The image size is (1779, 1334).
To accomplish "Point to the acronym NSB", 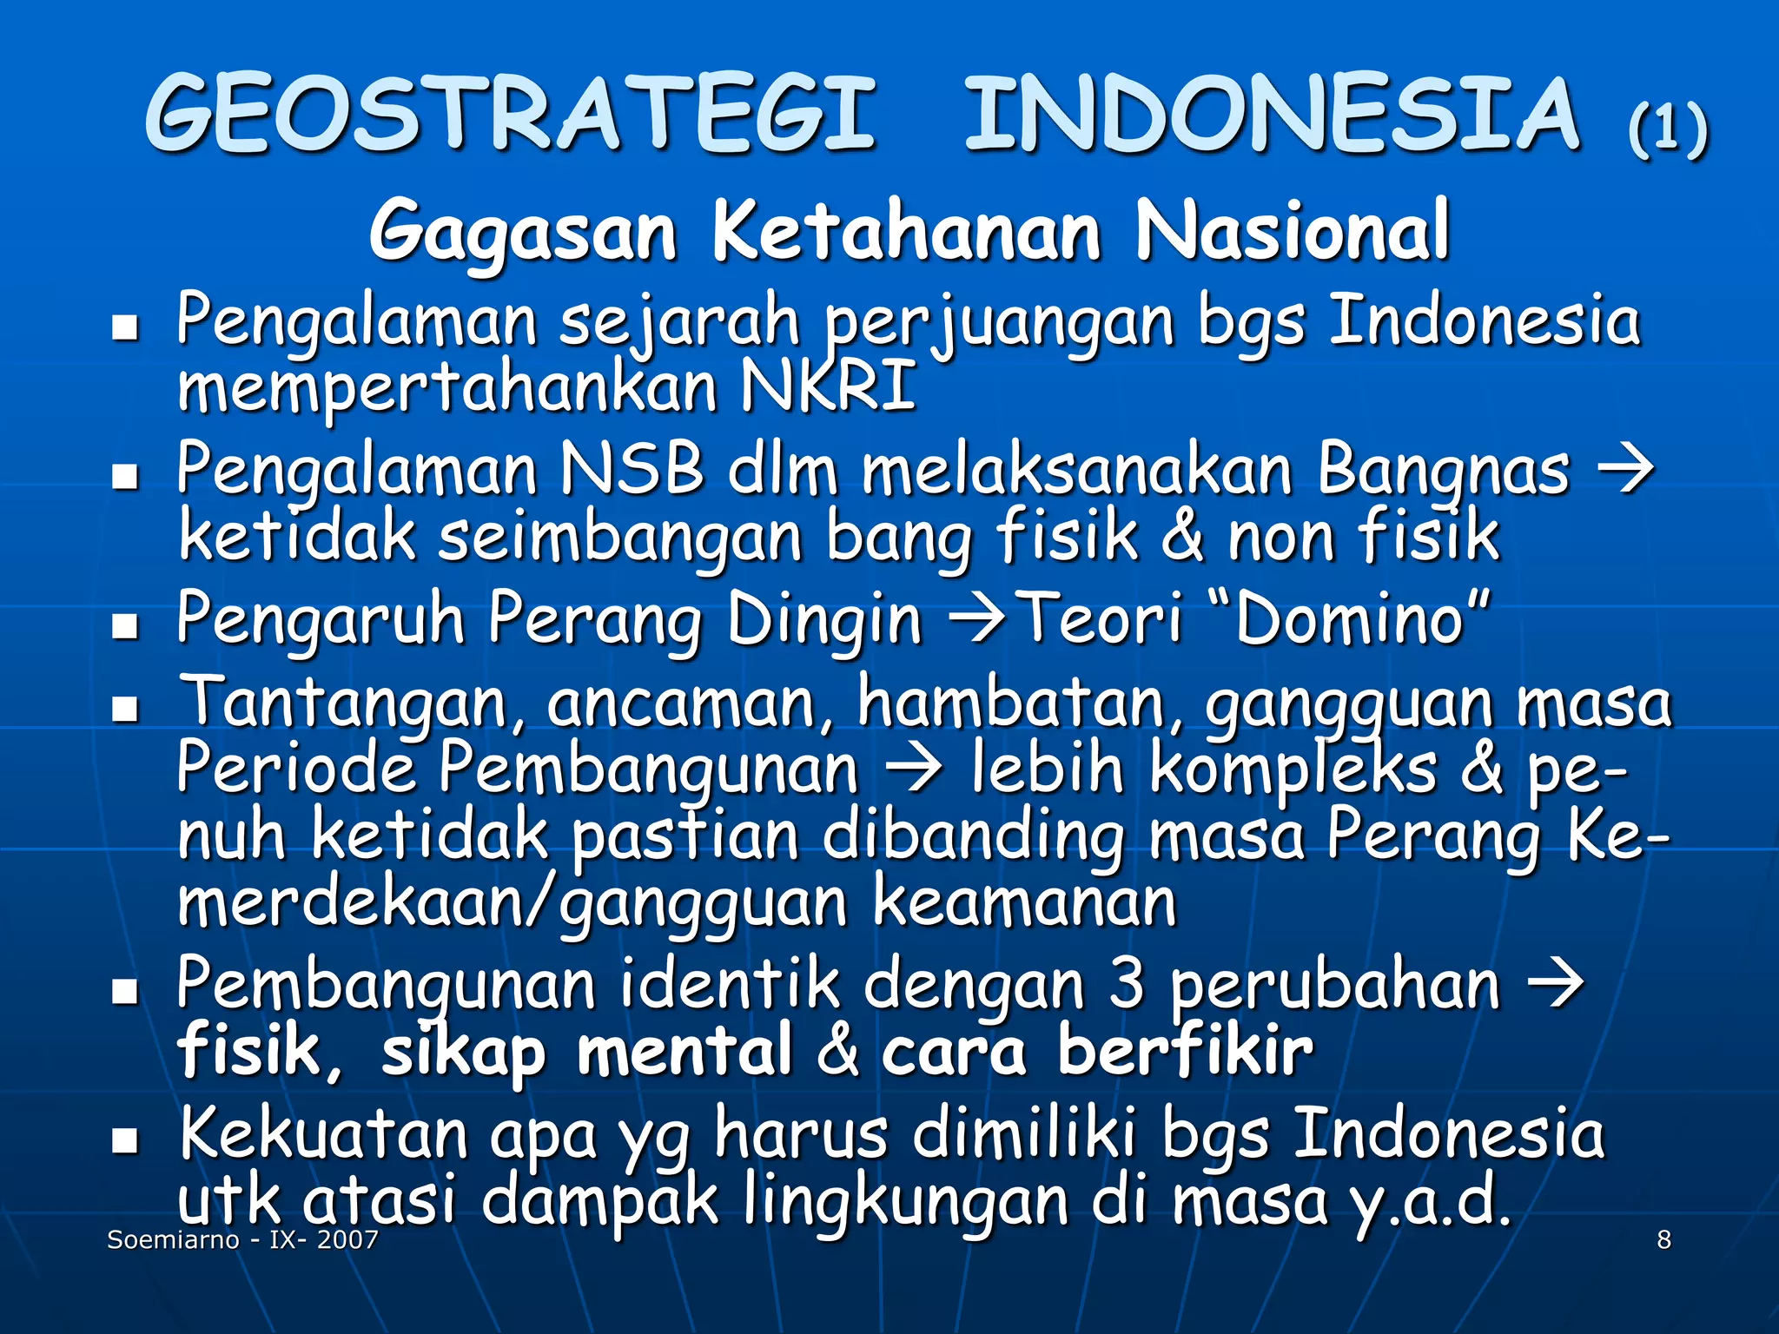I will [x=632, y=469].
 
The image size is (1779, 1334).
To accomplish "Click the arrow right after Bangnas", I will [x=1625, y=471].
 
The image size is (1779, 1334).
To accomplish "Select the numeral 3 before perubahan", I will [x=1127, y=985].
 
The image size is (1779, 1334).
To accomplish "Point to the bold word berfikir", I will [x=1185, y=1051].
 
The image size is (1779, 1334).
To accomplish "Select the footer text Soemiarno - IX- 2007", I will [x=242, y=1239].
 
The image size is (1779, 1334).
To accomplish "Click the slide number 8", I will [x=1663, y=1239].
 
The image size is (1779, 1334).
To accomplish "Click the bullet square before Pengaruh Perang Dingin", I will [x=126, y=624].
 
